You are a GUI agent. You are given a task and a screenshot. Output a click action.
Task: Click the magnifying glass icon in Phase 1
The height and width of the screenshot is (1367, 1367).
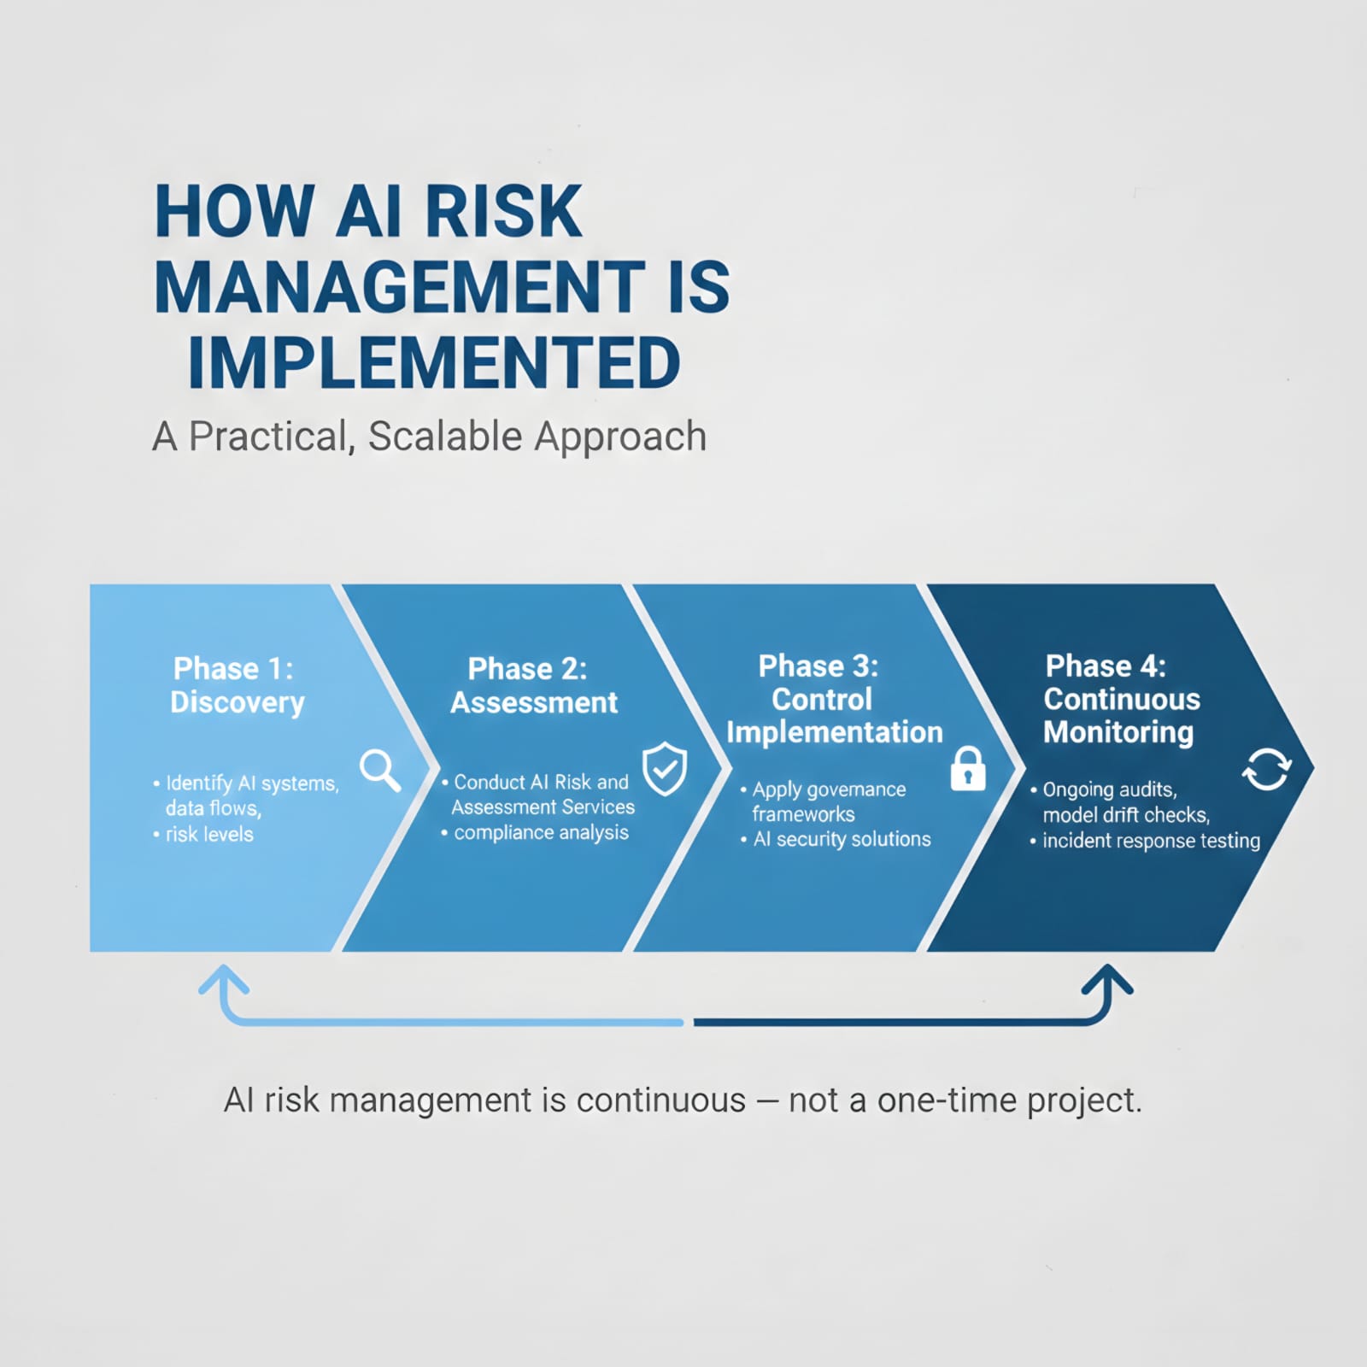click(x=380, y=770)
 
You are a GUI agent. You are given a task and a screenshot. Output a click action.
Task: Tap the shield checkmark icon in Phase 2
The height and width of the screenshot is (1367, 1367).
click(x=665, y=768)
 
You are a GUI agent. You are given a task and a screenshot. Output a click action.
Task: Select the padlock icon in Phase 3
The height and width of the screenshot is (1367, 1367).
click(x=968, y=769)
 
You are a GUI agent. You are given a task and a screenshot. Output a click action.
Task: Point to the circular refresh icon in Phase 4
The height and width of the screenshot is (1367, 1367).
click(x=1266, y=769)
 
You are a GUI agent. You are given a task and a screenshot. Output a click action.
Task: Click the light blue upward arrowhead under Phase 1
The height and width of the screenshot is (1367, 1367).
click(x=224, y=981)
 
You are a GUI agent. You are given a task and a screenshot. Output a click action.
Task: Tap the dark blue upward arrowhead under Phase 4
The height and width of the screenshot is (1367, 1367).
click(x=1107, y=981)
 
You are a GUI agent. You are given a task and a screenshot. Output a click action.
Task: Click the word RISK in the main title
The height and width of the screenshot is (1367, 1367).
click(x=504, y=211)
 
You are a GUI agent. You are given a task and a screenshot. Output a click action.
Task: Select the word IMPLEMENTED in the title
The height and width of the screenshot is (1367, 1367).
click(x=434, y=362)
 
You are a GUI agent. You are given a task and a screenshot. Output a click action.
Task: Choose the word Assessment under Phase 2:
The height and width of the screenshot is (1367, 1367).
click(x=534, y=702)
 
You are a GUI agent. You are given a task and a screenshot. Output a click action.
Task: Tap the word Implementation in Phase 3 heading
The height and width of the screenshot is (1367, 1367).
click(x=835, y=732)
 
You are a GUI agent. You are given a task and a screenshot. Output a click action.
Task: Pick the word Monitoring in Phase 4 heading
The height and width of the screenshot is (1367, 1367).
click(x=1118, y=732)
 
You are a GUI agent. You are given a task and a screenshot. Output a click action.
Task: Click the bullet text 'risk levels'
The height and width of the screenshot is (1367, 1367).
click(x=209, y=834)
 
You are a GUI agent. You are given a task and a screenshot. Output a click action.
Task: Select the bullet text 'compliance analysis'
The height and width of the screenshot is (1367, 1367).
click(x=541, y=832)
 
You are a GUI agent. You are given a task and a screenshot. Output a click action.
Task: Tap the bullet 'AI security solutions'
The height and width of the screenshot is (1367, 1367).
click(x=842, y=839)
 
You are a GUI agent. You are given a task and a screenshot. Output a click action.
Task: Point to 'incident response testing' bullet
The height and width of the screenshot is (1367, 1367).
click(x=1151, y=841)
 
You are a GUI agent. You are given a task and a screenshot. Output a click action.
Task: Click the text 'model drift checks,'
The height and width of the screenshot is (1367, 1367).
click(x=1126, y=815)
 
